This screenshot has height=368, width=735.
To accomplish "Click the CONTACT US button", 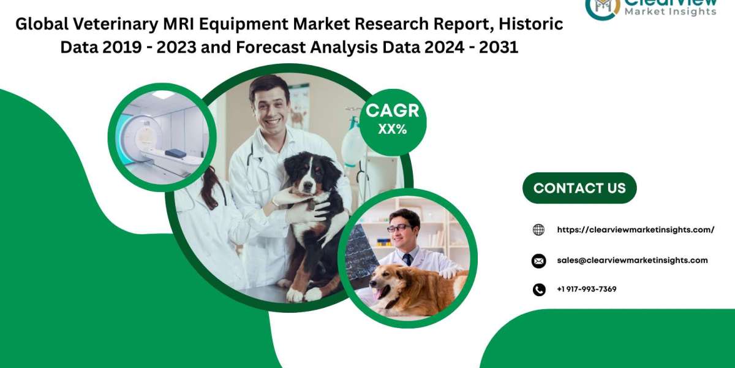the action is pyautogui.click(x=579, y=188).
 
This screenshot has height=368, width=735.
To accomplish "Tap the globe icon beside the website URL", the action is pyautogui.click(x=538, y=229).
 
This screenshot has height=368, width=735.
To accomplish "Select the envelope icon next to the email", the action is pyautogui.click(x=538, y=261).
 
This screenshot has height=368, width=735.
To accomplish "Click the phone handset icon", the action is pyautogui.click(x=539, y=289).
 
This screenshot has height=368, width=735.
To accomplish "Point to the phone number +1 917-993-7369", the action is pyautogui.click(x=587, y=289).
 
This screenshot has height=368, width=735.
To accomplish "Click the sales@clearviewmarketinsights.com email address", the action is pyautogui.click(x=632, y=260).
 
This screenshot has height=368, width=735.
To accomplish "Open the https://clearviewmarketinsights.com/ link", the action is pyautogui.click(x=636, y=229).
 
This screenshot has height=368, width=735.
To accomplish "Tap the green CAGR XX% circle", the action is pyautogui.click(x=393, y=122).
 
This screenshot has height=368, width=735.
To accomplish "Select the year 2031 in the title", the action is pyautogui.click(x=499, y=47).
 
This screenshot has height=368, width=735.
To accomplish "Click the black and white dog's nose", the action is pyautogui.click(x=307, y=186).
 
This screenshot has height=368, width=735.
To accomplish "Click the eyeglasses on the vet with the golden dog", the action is pyautogui.click(x=399, y=228).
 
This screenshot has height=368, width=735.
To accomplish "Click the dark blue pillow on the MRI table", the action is pyautogui.click(x=176, y=153).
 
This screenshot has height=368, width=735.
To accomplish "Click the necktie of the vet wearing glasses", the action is pyautogui.click(x=407, y=259).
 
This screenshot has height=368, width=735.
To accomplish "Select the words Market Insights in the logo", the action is pyautogui.click(x=671, y=12).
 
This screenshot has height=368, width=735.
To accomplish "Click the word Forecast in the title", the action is pyautogui.click(x=270, y=47).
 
